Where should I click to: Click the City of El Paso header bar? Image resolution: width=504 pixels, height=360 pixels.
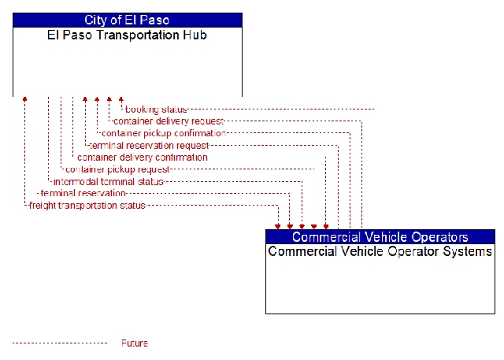pos(128,20)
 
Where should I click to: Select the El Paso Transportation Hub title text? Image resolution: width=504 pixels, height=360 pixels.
pos(127,35)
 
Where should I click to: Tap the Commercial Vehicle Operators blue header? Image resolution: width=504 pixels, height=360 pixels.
pos(380,237)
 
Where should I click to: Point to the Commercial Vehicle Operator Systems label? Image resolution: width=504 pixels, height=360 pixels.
pos(380,251)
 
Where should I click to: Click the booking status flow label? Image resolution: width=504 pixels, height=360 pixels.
pos(156,109)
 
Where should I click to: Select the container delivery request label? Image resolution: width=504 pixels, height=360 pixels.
pos(169,121)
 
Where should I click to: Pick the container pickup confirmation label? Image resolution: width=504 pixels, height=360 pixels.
pos(164,133)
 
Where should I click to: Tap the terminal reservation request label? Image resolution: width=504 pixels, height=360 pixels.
pos(149,146)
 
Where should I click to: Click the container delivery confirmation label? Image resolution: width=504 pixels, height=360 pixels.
pos(143,158)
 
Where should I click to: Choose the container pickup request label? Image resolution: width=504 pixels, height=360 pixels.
pos(117,169)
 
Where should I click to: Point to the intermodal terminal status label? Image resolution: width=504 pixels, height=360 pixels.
pos(109,182)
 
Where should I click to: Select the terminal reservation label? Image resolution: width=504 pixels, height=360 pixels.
pos(83,194)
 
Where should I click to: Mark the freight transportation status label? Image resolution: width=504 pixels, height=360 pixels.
pos(87,206)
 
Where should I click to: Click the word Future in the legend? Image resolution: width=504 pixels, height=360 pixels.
pos(135,343)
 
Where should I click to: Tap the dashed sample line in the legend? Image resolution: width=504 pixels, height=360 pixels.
pos(60,343)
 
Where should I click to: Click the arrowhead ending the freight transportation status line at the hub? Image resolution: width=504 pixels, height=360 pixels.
pos(24,99)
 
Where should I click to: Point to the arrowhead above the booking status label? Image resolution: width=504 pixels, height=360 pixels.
pos(121,99)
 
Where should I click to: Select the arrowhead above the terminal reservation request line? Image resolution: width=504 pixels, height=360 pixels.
pos(85,99)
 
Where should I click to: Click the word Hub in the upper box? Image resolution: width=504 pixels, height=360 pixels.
pos(195,35)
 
